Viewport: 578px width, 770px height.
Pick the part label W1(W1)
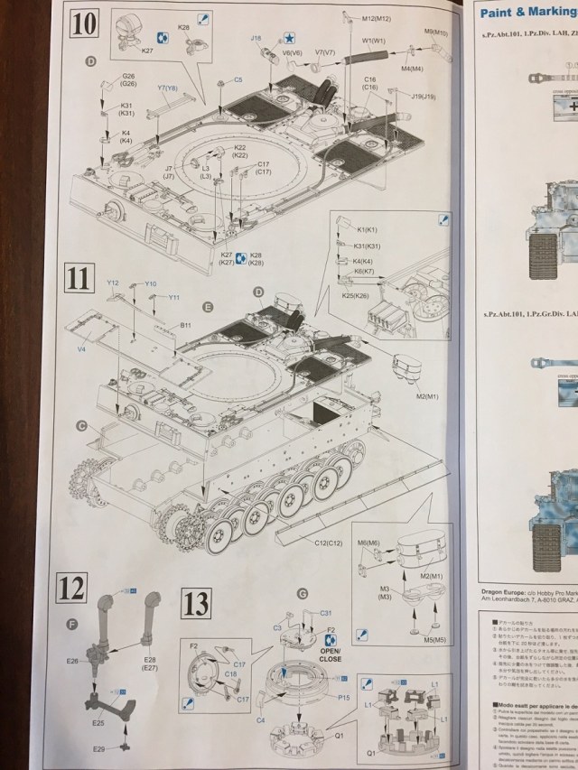(375, 41)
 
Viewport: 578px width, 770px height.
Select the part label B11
(185, 324)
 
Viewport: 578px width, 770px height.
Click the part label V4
(81, 347)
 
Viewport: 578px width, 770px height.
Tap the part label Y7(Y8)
(167, 88)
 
